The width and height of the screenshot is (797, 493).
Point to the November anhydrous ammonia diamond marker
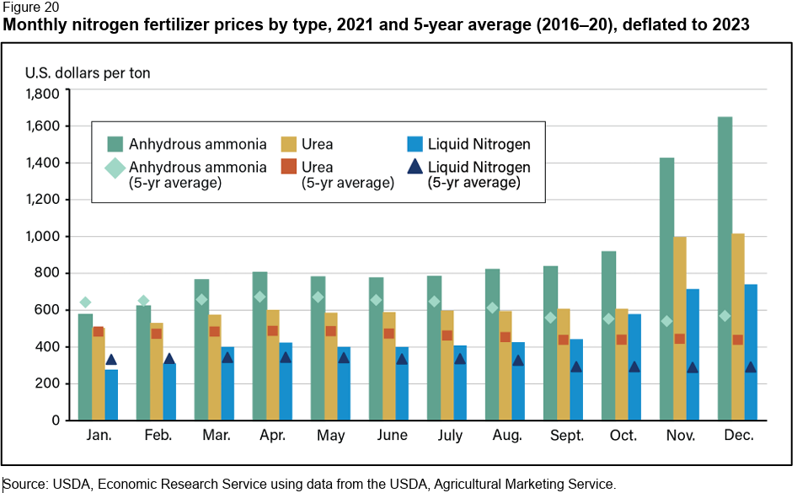click(667, 321)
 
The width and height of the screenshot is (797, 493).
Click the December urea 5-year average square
click(738, 340)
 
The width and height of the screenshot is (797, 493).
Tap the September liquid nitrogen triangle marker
click(576, 367)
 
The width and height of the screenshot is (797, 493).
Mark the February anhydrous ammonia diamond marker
click(143, 301)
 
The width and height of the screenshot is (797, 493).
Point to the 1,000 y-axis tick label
click(42, 237)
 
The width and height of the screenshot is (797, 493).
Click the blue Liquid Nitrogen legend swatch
click(414, 144)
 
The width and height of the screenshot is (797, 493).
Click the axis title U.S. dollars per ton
click(88, 72)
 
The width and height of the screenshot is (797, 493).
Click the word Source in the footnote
click(25, 484)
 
